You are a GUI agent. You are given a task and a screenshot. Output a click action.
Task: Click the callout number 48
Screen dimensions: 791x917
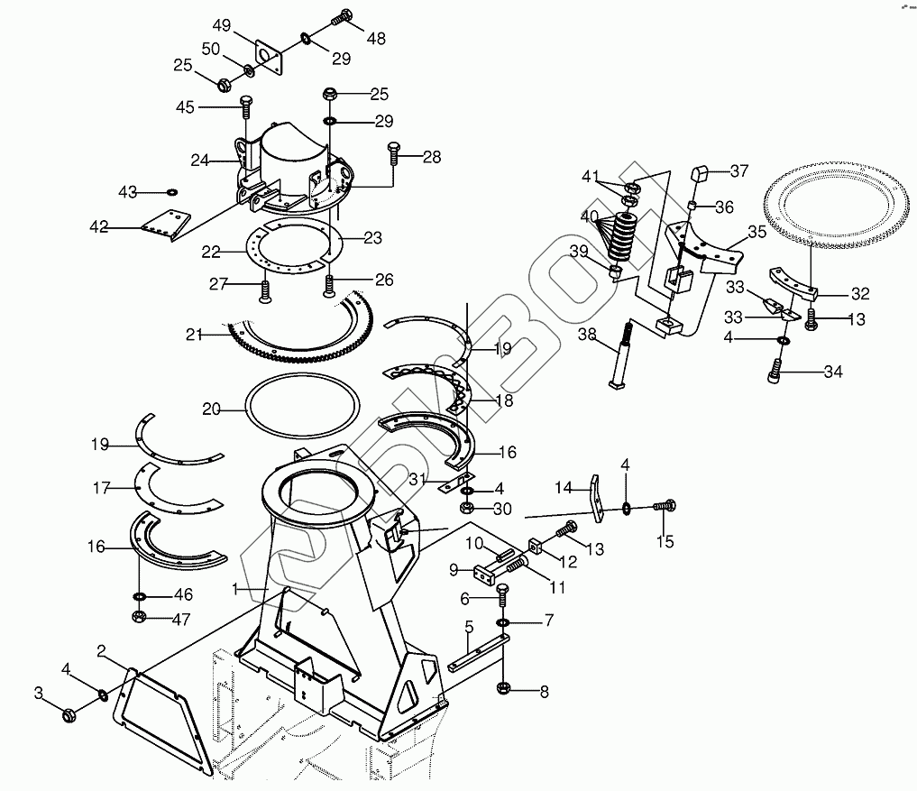click(376, 39)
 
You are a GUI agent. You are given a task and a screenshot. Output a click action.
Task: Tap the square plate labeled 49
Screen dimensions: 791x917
click(268, 55)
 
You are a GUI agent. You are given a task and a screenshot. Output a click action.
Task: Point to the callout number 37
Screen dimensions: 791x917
click(739, 171)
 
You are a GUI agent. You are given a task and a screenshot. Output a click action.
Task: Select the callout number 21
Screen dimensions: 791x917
click(195, 335)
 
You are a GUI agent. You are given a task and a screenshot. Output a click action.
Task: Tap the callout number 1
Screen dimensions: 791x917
click(234, 589)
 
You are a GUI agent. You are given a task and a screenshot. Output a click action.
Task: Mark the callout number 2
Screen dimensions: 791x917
click(102, 649)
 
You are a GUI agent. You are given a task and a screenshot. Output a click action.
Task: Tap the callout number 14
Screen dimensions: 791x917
click(564, 488)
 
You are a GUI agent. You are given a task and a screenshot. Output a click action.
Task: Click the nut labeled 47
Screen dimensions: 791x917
click(140, 617)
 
